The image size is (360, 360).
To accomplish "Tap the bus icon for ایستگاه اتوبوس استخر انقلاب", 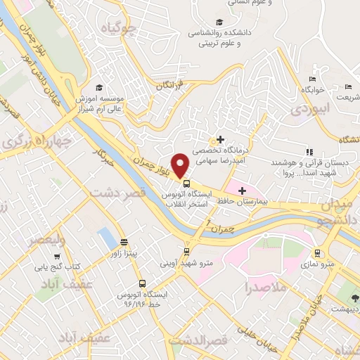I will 186,184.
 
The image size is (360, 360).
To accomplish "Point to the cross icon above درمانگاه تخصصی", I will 221,140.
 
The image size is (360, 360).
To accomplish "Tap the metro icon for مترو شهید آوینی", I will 186,251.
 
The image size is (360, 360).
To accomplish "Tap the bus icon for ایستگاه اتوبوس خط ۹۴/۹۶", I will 143,284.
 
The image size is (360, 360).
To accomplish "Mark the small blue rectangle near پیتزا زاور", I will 106,239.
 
